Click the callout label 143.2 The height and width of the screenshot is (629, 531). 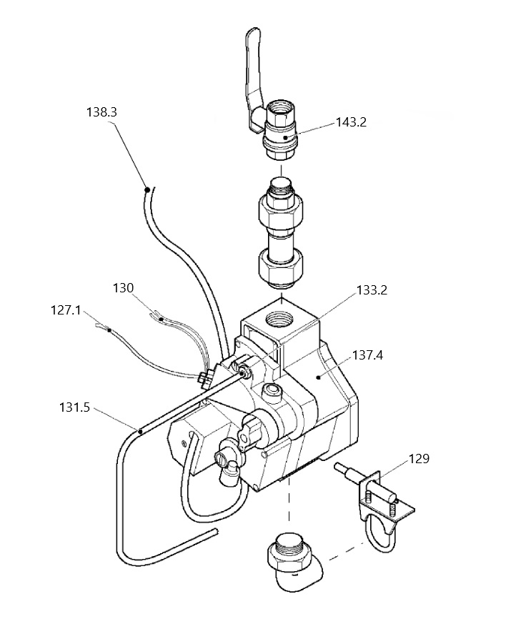[x=351, y=122]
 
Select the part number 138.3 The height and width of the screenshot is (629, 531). [x=101, y=112]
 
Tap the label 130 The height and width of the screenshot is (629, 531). [x=123, y=288]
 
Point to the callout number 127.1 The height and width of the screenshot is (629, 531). [x=66, y=310]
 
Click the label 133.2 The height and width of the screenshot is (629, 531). [x=372, y=290]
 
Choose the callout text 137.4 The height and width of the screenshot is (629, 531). [x=367, y=355]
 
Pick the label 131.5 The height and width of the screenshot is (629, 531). [x=74, y=407]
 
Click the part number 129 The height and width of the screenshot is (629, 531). [x=419, y=458]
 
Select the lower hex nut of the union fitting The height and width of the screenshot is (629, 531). [x=279, y=267]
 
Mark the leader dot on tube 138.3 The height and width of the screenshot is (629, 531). [x=148, y=189]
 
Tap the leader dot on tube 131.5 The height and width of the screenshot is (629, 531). [x=139, y=431]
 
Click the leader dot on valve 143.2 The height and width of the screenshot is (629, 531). [x=286, y=137]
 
